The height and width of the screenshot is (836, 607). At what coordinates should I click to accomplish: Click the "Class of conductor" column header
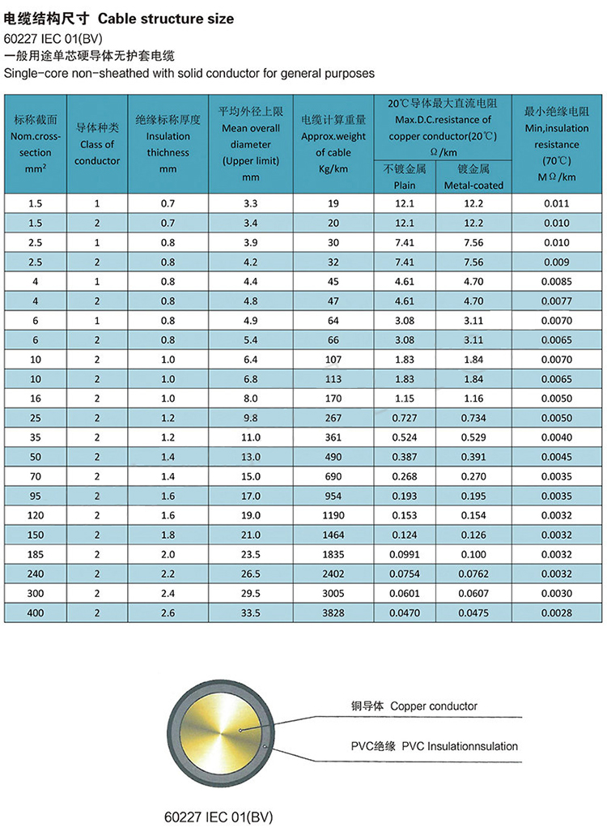[97, 144]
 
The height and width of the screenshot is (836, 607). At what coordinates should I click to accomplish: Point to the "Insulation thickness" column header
[168, 144]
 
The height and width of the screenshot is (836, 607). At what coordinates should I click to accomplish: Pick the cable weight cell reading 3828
[333, 613]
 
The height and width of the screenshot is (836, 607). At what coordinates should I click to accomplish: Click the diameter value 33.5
[251, 613]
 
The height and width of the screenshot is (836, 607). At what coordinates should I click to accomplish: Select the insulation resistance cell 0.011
[558, 204]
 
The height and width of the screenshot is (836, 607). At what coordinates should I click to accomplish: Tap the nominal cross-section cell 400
[35, 613]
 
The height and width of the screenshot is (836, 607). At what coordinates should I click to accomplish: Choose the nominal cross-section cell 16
[35, 399]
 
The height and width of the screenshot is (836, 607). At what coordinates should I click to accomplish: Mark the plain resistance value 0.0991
[404, 555]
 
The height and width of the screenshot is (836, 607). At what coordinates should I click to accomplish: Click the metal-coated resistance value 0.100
[473, 555]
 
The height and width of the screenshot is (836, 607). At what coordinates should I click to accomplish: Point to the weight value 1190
[333, 515]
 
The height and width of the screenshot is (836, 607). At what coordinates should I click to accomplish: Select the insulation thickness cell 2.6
[168, 613]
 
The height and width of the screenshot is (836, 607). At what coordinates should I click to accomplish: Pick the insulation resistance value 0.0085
[558, 282]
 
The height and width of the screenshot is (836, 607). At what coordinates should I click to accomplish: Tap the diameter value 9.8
[251, 418]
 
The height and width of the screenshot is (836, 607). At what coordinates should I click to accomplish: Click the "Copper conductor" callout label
[414, 706]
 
